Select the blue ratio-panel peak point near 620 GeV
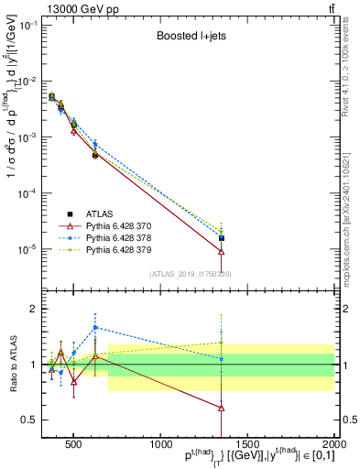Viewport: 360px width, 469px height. (94, 327)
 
